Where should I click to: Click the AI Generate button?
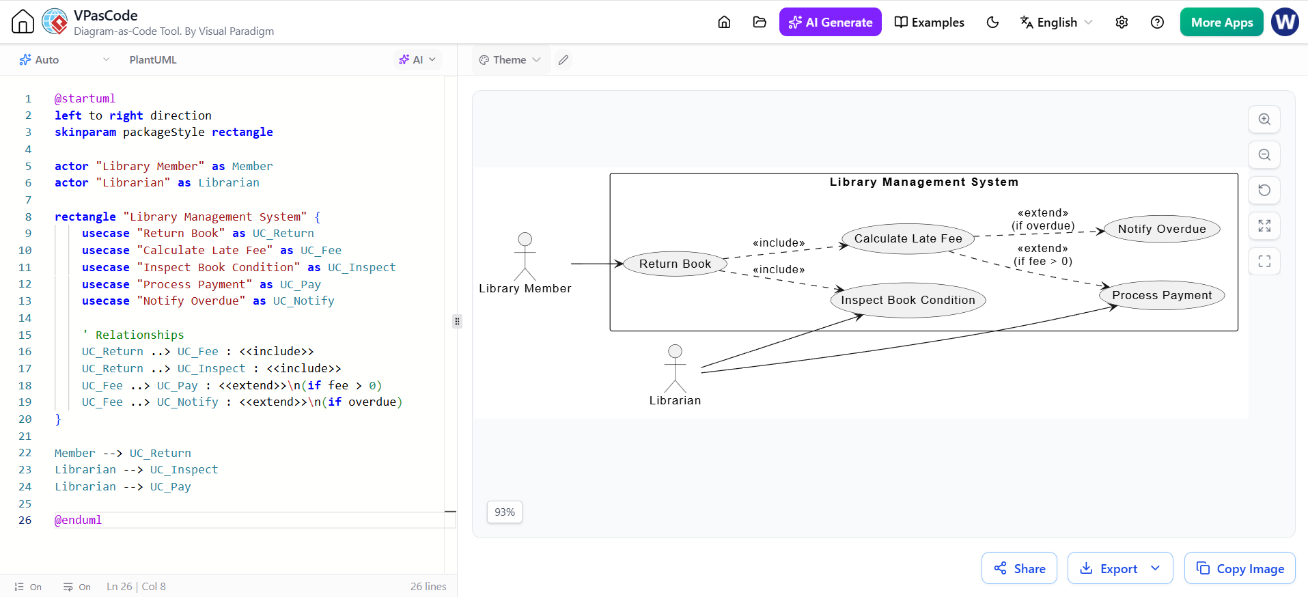[x=830, y=22]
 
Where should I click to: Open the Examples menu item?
[x=929, y=22]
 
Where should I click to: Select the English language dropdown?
[x=1056, y=22]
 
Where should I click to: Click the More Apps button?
[x=1221, y=22]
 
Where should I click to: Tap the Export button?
[x=1120, y=568]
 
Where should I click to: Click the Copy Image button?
[x=1240, y=568]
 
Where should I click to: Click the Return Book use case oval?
[x=675, y=264]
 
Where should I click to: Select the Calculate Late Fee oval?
[x=908, y=238]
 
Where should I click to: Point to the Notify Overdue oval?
[x=1162, y=229]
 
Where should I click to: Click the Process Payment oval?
[x=1162, y=295]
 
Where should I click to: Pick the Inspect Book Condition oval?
[x=908, y=300]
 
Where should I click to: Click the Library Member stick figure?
[x=525, y=257]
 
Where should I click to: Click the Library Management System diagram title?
[x=923, y=182]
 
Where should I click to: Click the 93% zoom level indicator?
[x=505, y=512]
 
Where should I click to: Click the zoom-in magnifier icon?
[x=1264, y=119]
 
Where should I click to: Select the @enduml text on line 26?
[x=78, y=520]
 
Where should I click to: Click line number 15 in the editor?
[x=25, y=335]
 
